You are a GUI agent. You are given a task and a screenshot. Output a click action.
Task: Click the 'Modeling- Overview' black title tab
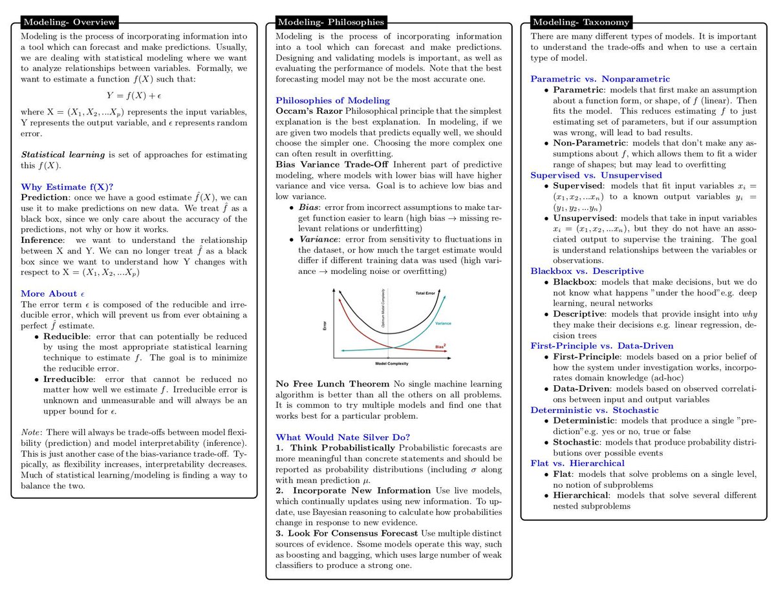[x=70, y=22]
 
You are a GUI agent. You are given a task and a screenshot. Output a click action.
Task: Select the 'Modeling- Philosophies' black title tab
[x=330, y=22]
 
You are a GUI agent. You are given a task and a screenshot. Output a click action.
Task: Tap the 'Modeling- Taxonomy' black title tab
[x=580, y=22]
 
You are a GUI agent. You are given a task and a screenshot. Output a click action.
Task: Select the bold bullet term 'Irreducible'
[x=69, y=379]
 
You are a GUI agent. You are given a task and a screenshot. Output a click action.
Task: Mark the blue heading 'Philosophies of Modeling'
[x=332, y=100]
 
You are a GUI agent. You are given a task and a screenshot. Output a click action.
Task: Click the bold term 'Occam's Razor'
[x=308, y=111]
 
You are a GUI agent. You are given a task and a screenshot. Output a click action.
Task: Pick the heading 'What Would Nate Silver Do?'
[x=342, y=437]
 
